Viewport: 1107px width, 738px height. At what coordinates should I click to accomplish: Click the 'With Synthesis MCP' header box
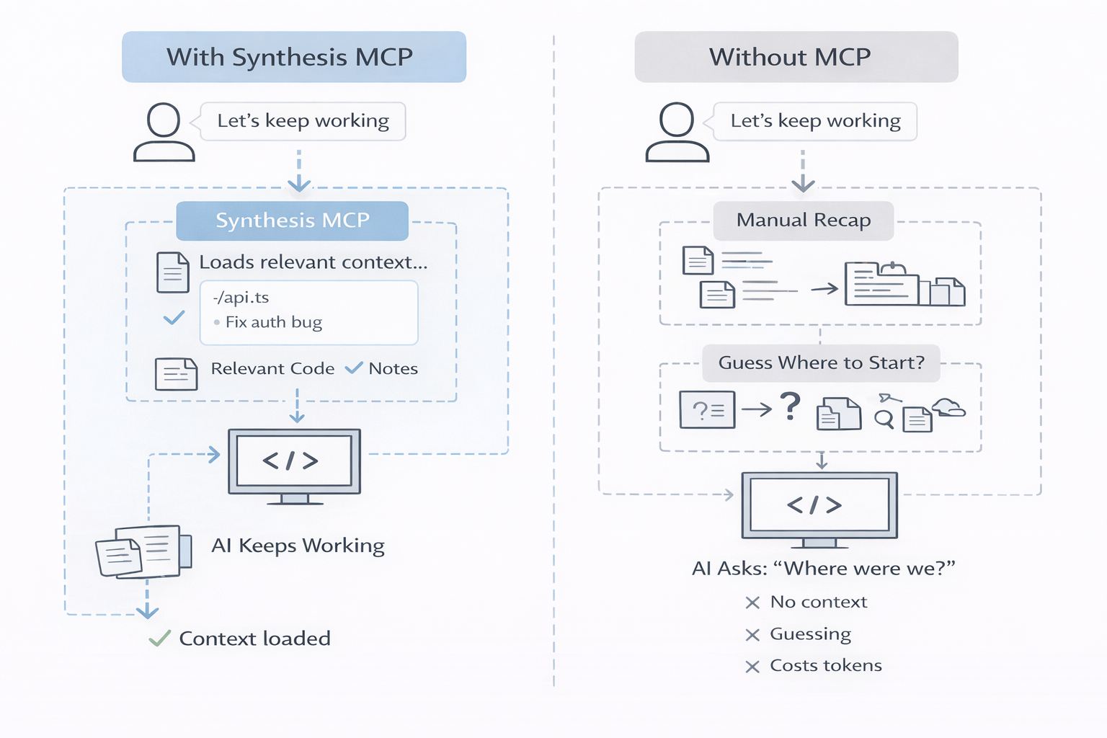(293, 57)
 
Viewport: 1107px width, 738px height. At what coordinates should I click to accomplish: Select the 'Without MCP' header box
(796, 57)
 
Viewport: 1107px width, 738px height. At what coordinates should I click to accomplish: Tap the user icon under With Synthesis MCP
(164, 132)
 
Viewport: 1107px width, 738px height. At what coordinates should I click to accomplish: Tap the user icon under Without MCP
(677, 132)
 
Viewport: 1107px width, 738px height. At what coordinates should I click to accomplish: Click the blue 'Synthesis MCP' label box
(292, 221)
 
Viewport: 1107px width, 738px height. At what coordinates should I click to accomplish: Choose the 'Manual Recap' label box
(803, 221)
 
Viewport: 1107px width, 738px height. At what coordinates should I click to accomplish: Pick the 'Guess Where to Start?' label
(821, 363)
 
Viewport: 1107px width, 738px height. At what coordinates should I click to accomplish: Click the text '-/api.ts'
(241, 298)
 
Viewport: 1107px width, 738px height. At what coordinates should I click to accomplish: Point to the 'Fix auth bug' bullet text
(273, 322)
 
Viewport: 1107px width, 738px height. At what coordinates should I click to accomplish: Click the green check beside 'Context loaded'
(159, 638)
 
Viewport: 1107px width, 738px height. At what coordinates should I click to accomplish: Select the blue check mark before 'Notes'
(353, 368)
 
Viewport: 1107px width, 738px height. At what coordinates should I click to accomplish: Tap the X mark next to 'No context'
(752, 603)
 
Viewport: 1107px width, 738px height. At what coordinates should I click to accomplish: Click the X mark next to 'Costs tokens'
(752, 667)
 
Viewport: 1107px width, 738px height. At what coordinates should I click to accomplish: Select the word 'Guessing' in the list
(810, 634)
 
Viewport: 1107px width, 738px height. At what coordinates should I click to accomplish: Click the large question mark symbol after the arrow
(791, 406)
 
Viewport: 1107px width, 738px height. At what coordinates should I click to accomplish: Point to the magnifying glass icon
(884, 419)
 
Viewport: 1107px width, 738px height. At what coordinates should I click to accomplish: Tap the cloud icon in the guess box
(948, 407)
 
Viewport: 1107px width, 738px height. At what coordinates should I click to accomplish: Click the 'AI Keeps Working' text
(298, 546)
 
